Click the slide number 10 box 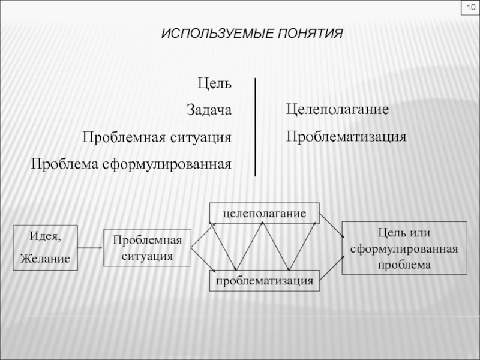coord(467,9)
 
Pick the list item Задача coord(208,110)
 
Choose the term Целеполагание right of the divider coord(338,110)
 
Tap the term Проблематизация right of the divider coord(346,137)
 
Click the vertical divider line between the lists coord(256,126)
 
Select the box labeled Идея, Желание coord(46,247)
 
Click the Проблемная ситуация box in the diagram coord(148,248)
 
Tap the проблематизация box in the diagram coord(264,280)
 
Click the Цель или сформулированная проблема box coord(404,248)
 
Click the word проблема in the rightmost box coord(404,264)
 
